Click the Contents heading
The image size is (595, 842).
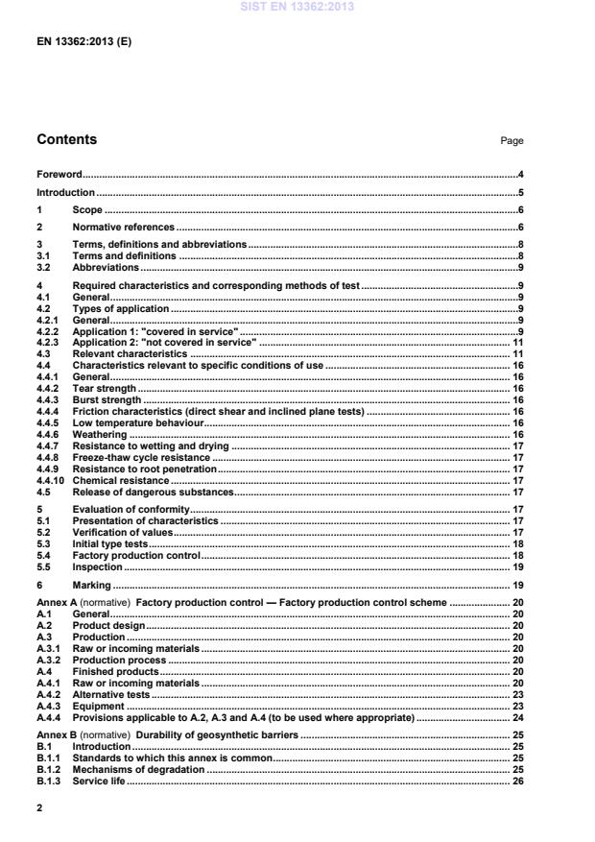pyautogui.click(x=66, y=140)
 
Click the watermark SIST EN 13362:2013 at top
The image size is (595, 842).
pyautogui.click(x=297, y=6)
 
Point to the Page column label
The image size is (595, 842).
pyautogui.click(x=512, y=141)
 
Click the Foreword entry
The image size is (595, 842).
pyautogui.click(x=59, y=175)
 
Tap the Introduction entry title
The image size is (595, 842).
pyautogui.click(x=65, y=192)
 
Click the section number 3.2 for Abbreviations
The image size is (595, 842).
pyautogui.click(x=43, y=267)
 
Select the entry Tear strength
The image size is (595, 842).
pyautogui.click(x=105, y=389)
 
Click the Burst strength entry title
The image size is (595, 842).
pyautogui.click(x=107, y=399)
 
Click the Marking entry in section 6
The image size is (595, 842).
pyautogui.click(x=92, y=585)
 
